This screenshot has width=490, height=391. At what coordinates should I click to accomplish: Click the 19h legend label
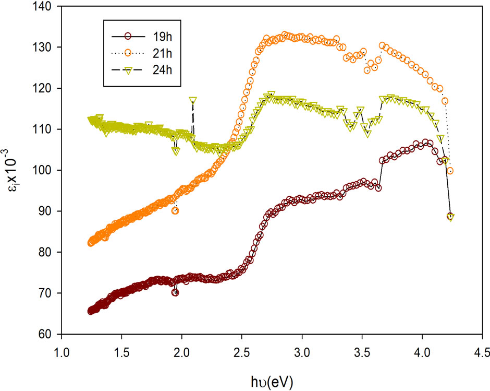pos(162,37)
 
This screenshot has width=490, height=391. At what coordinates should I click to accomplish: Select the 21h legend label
pos(162,54)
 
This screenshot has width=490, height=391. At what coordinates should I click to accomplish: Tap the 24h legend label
pos(162,70)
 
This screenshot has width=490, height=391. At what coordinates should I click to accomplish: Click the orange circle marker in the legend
pos(128,53)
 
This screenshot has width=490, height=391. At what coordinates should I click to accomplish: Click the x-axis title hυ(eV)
pos(272,382)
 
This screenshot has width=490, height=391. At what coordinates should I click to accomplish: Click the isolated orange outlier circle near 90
pos(175,211)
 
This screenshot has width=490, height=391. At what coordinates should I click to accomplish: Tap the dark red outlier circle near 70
pos(175,292)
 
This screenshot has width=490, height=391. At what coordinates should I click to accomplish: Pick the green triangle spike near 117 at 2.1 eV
pos(193,100)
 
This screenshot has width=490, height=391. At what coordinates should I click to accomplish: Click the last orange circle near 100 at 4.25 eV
pos(450,171)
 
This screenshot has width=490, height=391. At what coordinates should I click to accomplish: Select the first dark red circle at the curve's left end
pos(91,311)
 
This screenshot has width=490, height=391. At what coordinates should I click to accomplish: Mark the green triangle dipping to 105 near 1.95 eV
pos(176,151)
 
